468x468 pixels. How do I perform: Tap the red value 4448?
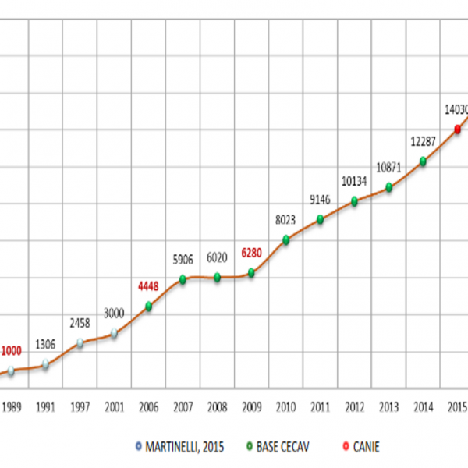148,285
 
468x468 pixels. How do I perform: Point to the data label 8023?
285,220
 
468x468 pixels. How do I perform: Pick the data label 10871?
388,168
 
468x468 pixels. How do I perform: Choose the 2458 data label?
80,322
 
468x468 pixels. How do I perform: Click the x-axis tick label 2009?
251,406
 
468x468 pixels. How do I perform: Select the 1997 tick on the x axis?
80,406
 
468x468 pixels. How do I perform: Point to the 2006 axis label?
148,406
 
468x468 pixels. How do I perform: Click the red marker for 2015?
458,129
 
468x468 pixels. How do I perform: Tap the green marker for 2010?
286,239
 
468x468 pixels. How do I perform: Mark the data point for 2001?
114,333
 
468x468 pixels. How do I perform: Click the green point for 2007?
183,279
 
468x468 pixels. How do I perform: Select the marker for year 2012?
355,201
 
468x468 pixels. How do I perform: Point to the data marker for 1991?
45,363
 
